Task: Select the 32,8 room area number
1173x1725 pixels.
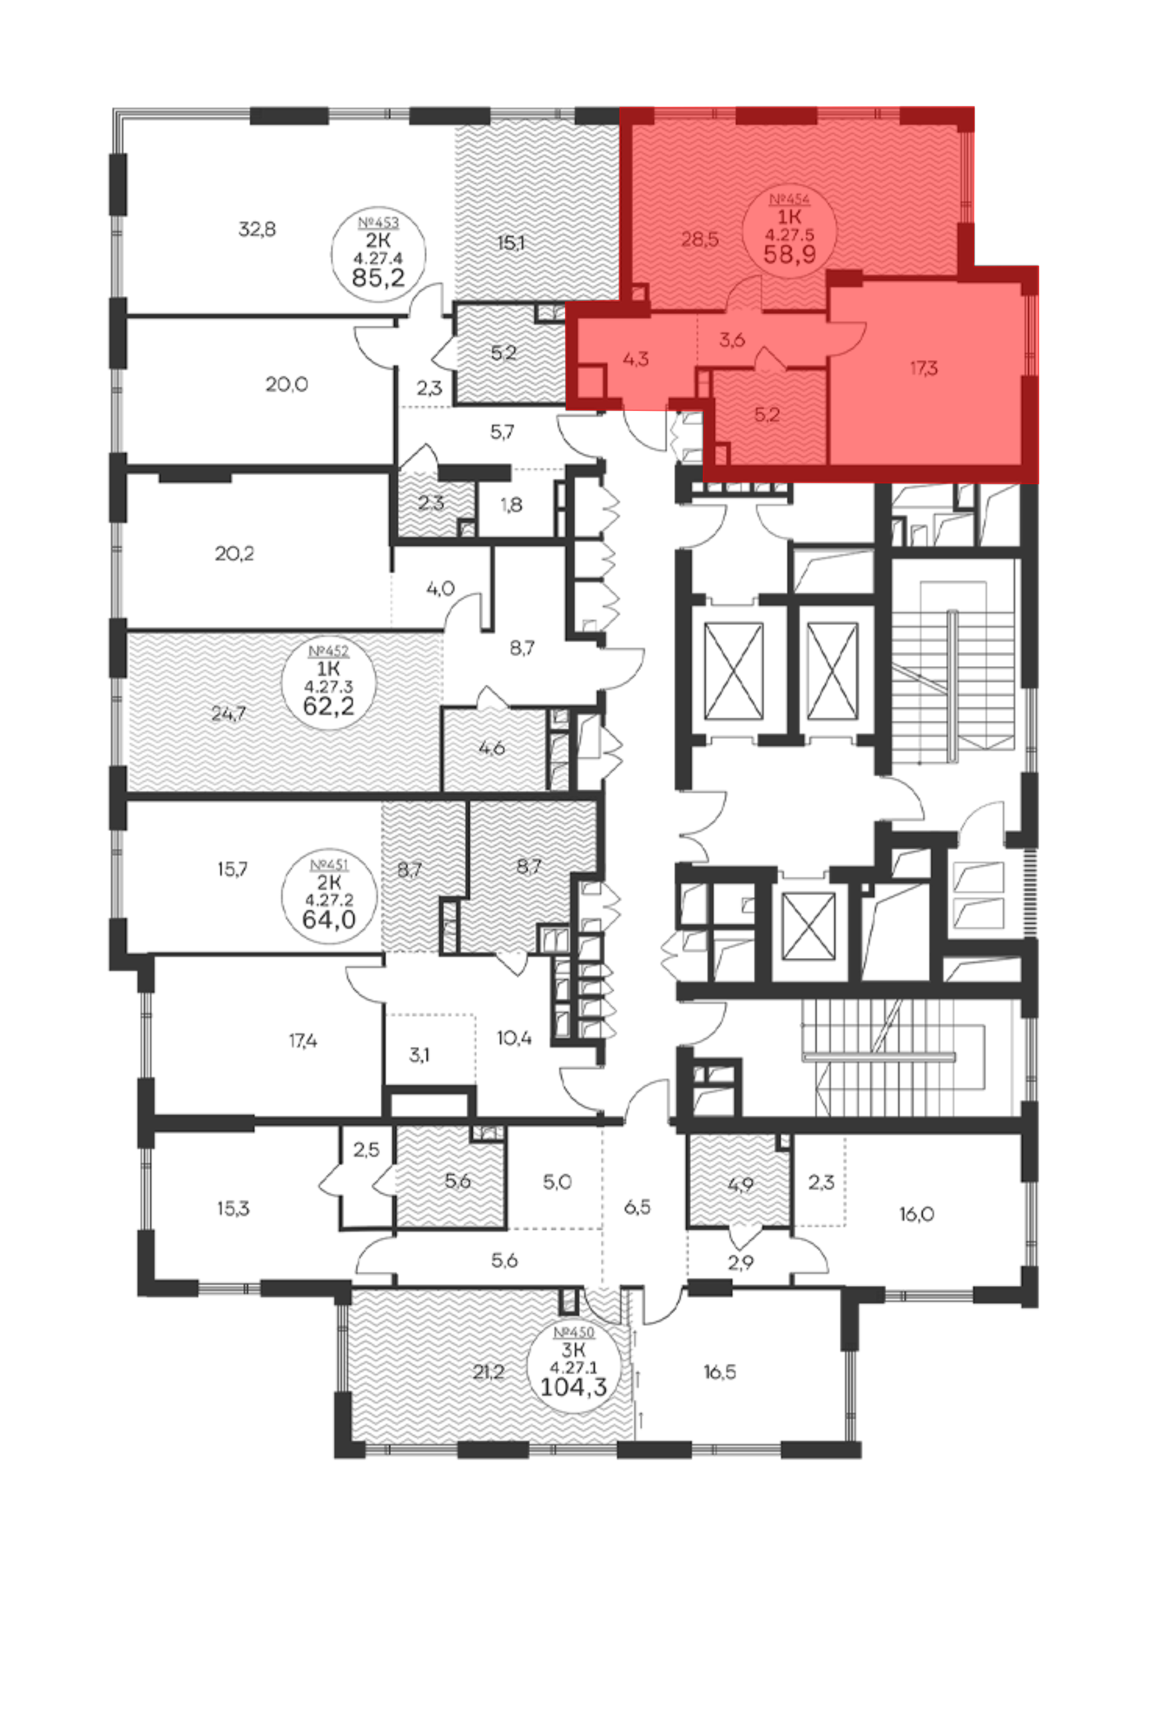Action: click(x=257, y=229)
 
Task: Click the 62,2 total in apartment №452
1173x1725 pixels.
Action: click(x=328, y=705)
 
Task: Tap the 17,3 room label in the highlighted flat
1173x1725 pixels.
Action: click(x=924, y=368)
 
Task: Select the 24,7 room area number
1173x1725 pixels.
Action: click(x=228, y=715)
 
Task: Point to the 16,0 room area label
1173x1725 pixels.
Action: click(x=916, y=1215)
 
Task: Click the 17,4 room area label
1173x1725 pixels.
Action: click(x=303, y=1041)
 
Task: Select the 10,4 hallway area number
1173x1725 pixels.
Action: click(x=514, y=1038)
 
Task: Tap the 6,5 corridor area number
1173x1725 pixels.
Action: click(x=637, y=1208)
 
